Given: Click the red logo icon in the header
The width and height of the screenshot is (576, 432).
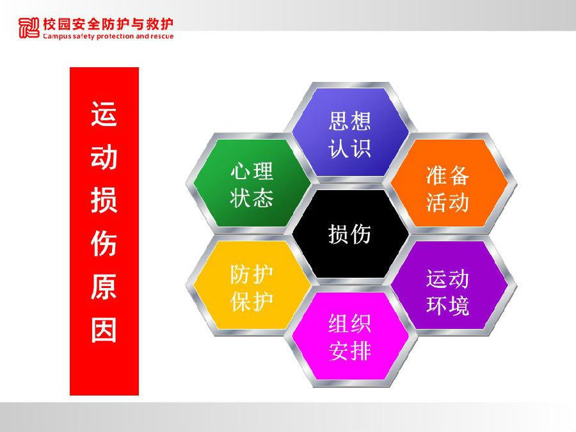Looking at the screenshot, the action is pos(29,28).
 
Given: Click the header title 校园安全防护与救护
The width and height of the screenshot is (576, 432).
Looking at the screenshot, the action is pos(108,24).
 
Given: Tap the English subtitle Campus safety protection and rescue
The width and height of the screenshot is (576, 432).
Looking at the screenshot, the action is pos(108,36).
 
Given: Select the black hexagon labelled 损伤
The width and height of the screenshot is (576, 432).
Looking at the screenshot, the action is pos(350,234).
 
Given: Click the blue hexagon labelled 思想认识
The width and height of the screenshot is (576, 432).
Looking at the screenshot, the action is pos(350,132).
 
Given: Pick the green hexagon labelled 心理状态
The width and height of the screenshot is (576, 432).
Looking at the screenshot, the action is pos(252,183).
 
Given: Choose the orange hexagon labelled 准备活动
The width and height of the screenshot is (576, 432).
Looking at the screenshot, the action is pos(449,183).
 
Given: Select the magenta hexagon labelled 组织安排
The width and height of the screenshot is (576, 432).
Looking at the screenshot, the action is pos(350,336).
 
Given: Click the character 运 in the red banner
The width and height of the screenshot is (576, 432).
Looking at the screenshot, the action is pos(104,115).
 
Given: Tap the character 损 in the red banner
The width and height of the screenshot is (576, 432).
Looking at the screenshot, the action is pos(104,200).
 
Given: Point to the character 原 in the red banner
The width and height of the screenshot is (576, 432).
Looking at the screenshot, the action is pos(104,287).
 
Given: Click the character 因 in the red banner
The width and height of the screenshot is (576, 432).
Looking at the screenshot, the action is pos(104,330).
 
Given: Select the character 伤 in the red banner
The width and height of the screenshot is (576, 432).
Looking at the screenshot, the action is pos(104,243).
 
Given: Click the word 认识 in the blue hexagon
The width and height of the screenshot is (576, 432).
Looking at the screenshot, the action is pos(349,148).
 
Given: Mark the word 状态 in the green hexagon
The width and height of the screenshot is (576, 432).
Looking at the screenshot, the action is pos(252,198).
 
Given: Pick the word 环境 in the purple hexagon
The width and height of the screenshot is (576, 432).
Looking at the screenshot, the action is pos(448,305).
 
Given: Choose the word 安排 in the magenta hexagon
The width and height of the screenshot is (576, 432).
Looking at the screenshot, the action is pos(349,351).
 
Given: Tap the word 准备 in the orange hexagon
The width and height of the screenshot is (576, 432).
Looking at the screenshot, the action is pos(448,175).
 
